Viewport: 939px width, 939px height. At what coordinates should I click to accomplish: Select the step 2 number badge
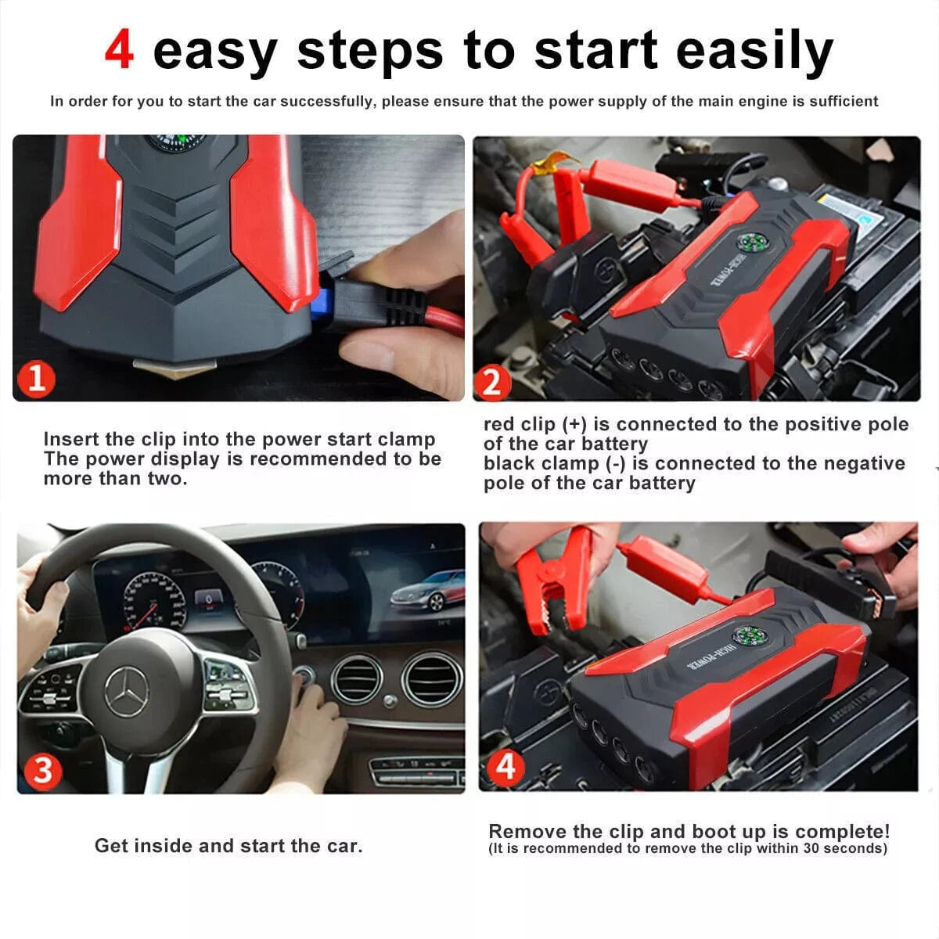point(491,382)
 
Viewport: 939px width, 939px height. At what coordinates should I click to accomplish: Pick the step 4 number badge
point(505,766)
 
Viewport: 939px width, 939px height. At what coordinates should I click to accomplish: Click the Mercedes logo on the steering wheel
point(128,692)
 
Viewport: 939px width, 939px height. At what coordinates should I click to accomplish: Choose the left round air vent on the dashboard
point(356,678)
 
